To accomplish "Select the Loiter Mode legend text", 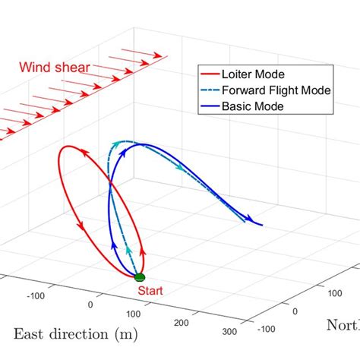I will click(x=251, y=74).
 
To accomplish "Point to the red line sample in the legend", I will click(x=210, y=74).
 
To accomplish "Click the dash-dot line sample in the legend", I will click(x=210, y=90).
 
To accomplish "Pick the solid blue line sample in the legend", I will click(x=210, y=106).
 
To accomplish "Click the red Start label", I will click(x=149, y=289).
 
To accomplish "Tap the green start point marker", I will click(x=139, y=278).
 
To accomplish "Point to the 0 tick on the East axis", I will click(x=92, y=304).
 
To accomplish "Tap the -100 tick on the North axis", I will click(x=265, y=329).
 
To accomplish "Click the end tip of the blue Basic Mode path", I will click(x=262, y=225).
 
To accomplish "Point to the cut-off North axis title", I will click(x=343, y=326).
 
